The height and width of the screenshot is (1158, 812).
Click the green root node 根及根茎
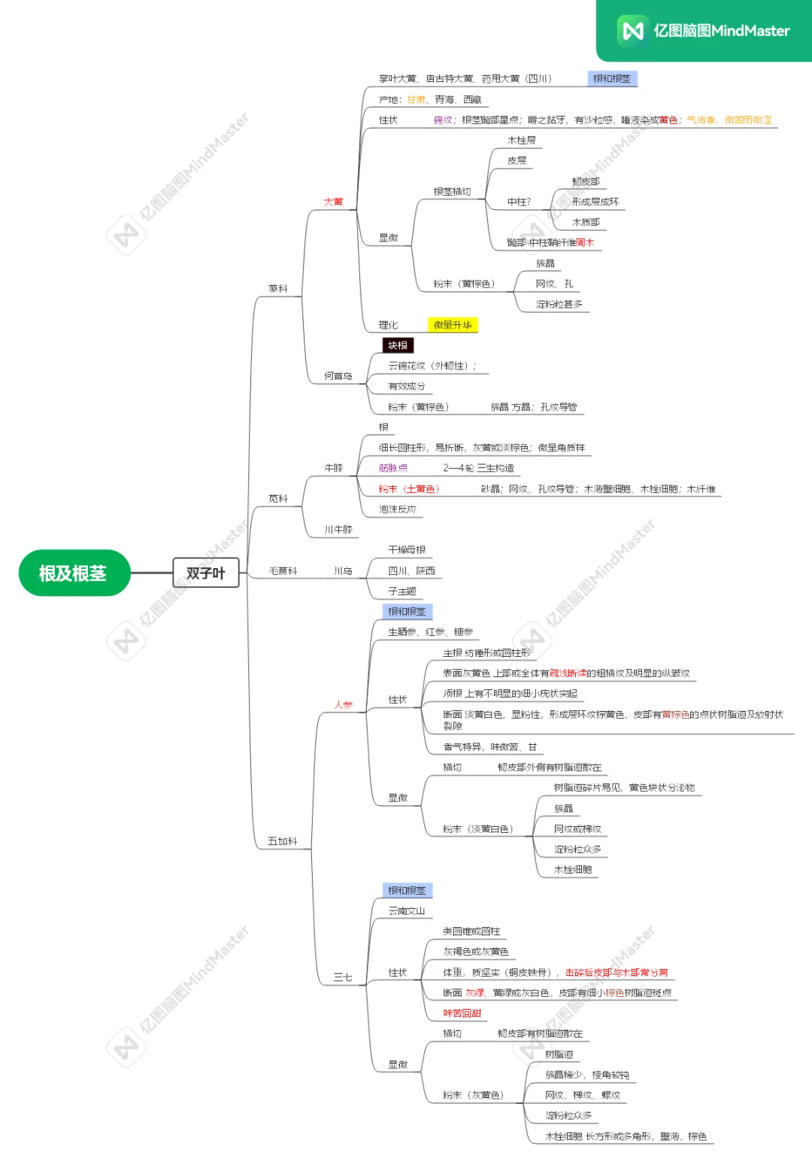[x=73, y=573]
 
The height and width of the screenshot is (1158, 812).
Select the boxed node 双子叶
[x=205, y=573]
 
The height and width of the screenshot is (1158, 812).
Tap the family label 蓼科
[x=278, y=288]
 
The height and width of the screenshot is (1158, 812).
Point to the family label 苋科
[x=278, y=498]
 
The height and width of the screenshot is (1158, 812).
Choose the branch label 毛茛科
[x=283, y=571]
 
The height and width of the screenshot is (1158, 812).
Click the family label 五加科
[x=283, y=841]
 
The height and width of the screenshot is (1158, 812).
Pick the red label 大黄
[x=333, y=202]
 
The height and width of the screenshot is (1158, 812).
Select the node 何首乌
[x=338, y=376]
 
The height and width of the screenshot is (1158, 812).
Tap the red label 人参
[x=343, y=705]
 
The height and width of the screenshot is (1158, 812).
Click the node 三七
[x=343, y=977]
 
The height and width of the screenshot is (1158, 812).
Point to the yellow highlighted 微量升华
[x=453, y=325]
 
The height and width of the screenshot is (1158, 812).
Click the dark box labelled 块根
[x=398, y=345]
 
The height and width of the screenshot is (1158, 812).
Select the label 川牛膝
[x=338, y=530]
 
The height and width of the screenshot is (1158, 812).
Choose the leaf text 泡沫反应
[x=398, y=509]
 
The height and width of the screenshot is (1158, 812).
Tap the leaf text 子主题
[x=402, y=591]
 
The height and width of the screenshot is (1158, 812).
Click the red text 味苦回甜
[x=462, y=1014]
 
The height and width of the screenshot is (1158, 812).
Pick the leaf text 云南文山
[x=407, y=911]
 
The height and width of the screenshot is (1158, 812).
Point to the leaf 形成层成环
[x=595, y=202]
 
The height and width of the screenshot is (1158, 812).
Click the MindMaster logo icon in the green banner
[x=632, y=31]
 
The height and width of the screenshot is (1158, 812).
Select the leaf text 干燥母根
[x=407, y=550]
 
